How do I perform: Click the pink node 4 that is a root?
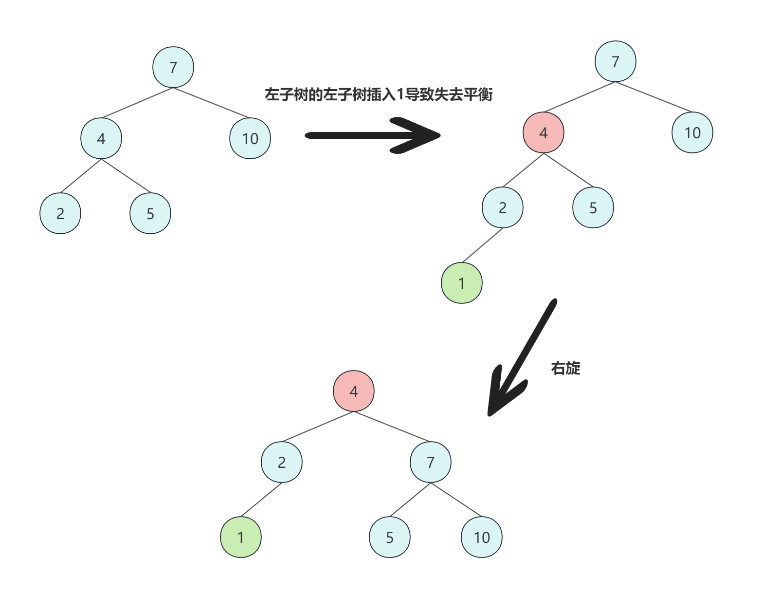354,391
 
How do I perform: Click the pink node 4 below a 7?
544,132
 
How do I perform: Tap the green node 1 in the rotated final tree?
241,537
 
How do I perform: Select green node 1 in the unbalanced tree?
462,283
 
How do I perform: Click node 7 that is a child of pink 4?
431,462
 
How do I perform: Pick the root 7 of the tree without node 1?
173,67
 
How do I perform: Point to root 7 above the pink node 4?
616,61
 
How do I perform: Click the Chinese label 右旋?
565,368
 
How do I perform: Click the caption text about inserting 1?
379,94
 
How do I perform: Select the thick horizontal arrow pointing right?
372,135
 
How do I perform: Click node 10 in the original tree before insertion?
250,139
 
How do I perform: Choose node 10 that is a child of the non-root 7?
482,537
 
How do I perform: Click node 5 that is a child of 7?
390,537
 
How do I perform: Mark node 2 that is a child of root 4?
282,462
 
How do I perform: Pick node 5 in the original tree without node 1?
150,213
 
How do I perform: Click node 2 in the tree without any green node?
60,213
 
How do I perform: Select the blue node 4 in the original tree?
101,139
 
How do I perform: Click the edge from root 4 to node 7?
392,427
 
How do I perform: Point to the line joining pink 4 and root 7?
580,97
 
